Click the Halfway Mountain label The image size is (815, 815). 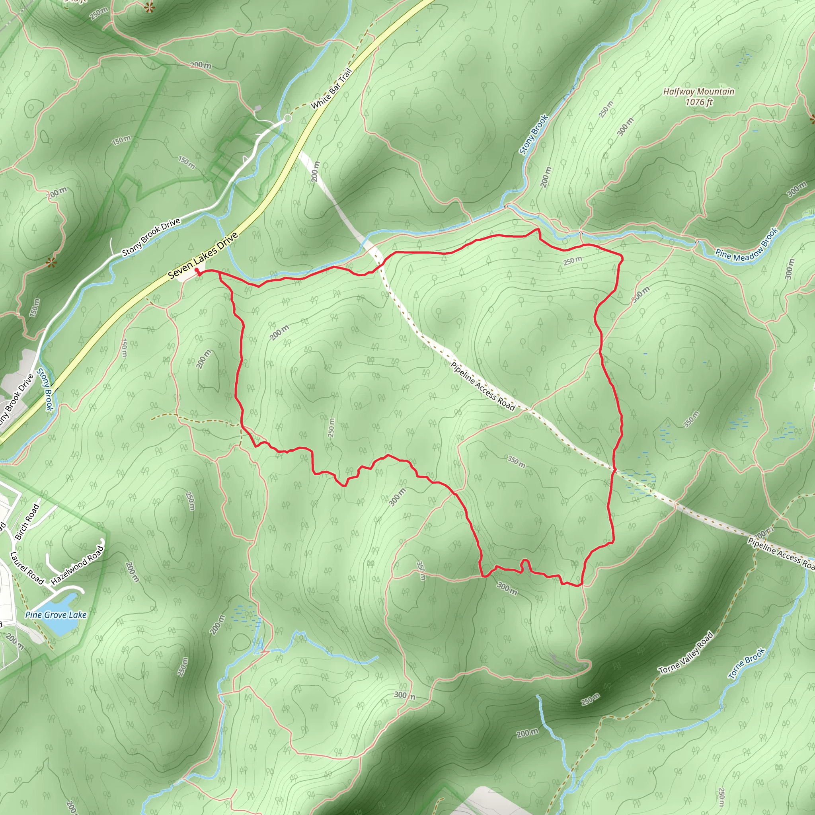(698, 92)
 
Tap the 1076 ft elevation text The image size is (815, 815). (698, 102)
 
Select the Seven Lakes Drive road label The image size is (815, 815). (203, 255)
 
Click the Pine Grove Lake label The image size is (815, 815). (56, 614)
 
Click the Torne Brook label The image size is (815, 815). (747, 663)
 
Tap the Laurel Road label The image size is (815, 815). (27, 568)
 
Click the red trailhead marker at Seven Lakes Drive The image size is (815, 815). (197, 271)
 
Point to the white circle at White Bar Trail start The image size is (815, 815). (287, 119)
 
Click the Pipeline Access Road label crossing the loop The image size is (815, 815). (483, 386)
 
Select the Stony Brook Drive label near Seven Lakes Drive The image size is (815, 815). (151, 237)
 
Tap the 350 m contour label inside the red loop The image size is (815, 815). (516, 462)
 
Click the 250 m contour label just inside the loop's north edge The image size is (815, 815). (572, 261)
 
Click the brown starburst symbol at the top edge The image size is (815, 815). (148, 7)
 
